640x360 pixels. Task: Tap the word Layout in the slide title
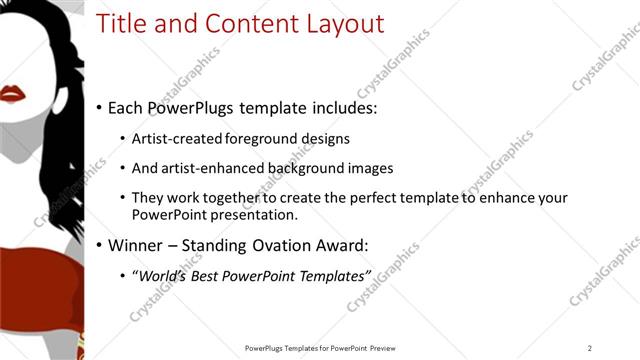pyautogui.click(x=344, y=24)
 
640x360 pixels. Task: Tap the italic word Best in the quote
pyautogui.click(x=213, y=275)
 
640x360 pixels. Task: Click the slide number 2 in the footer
pyautogui.click(x=590, y=348)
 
